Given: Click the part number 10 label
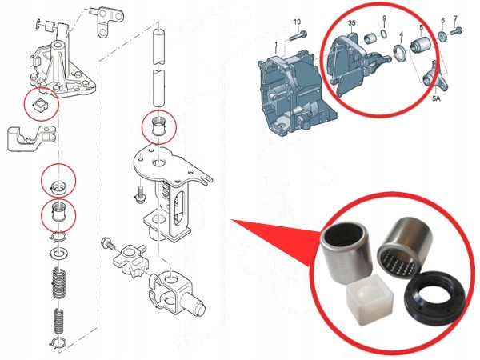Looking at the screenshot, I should click(x=297, y=22).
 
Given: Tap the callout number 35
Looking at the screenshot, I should click(x=350, y=26).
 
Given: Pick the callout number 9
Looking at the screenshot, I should click(x=384, y=18).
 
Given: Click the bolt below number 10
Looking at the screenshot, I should click(x=302, y=35).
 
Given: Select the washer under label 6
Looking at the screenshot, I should click(x=442, y=37).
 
